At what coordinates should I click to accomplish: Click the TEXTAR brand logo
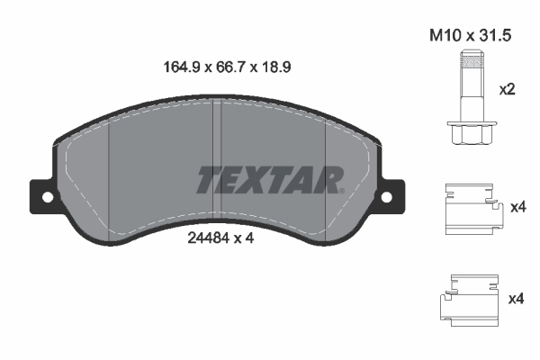(x=269, y=180)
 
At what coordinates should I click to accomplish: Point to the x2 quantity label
(x=508, y=90)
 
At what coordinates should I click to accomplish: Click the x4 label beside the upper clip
(x=517, y=208)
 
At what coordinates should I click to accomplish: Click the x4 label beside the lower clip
(x=517, y=298)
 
